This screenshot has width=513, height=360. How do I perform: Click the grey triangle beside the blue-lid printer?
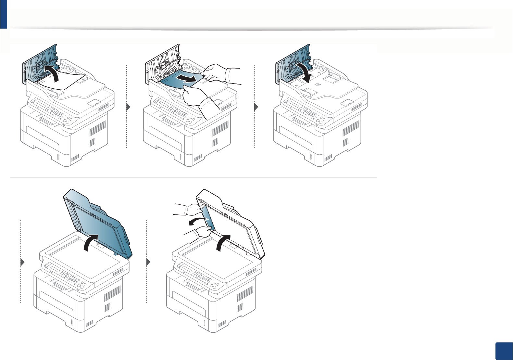pyautogui.click(x=22, y=262)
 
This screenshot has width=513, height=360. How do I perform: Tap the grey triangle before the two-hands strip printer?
pyautogui.click(x=148, y=262)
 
